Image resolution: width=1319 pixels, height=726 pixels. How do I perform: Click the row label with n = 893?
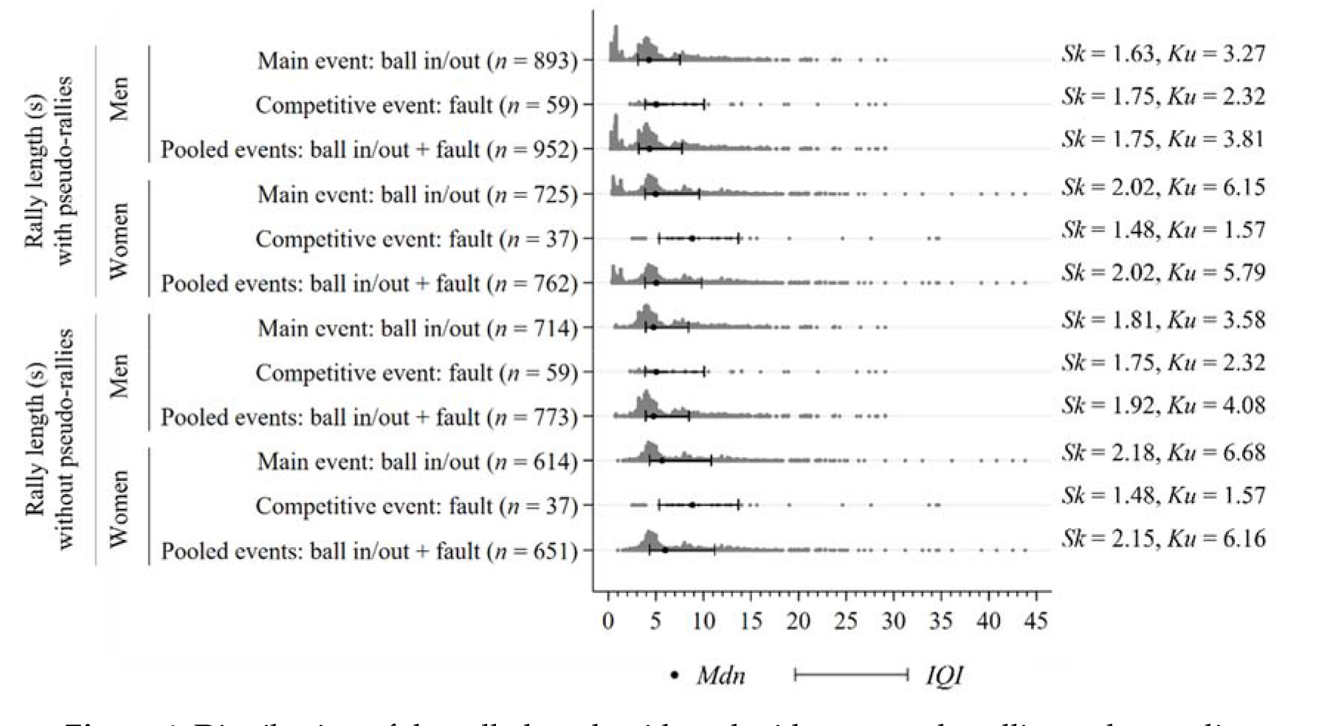[417, 61]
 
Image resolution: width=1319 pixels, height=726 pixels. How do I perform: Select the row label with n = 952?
[369, 150]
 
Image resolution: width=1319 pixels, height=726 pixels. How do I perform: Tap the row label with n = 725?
[417, 195]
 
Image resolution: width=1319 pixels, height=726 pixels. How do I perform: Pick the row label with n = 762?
[369, 284]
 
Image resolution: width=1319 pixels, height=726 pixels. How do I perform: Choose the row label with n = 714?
[417, 329]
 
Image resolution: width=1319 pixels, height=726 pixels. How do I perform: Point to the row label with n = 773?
[369, 417]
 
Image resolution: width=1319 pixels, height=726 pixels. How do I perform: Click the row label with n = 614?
[417, 462]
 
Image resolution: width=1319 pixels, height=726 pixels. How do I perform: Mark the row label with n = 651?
[369, 551]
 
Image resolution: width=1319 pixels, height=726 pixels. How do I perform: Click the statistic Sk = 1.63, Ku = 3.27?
[1163, 54]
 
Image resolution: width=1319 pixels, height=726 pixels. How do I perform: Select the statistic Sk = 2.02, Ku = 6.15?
[1163, 188]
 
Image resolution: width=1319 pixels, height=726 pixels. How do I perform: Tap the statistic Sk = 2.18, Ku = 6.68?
[1163, 452]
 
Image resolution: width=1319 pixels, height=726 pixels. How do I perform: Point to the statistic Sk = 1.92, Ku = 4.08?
[1163, 405]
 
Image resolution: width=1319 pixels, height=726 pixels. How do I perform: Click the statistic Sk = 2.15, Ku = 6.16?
[1163, 538]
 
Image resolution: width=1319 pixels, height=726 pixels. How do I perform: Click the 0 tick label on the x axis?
[608, 621]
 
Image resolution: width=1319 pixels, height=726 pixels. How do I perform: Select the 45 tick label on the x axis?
[1036, 621]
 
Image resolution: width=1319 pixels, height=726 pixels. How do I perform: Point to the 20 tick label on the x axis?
[798, 621]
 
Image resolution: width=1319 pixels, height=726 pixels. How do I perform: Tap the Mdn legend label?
[720, 675]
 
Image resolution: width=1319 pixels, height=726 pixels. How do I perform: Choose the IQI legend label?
[945, 675]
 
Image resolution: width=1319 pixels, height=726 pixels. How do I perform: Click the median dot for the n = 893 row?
[649, 60]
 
